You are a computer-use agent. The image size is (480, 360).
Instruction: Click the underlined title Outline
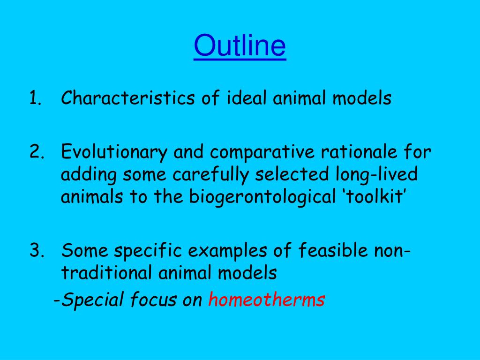[x=240, y=46]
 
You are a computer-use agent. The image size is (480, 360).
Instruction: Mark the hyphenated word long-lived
[x=376, y=175]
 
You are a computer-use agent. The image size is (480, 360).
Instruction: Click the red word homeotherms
[x=266, y=300]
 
